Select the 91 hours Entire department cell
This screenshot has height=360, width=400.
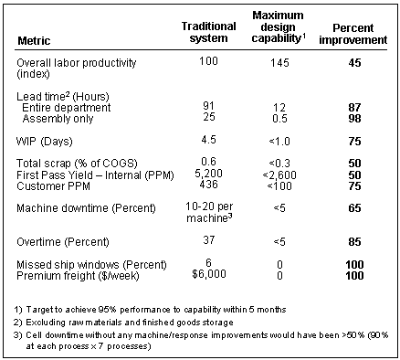[x=208, y=107]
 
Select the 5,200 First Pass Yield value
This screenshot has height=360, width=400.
[x=208, y=174]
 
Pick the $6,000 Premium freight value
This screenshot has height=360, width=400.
[x=208, y=275]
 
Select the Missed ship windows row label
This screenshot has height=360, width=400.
[x=81, y=265]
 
